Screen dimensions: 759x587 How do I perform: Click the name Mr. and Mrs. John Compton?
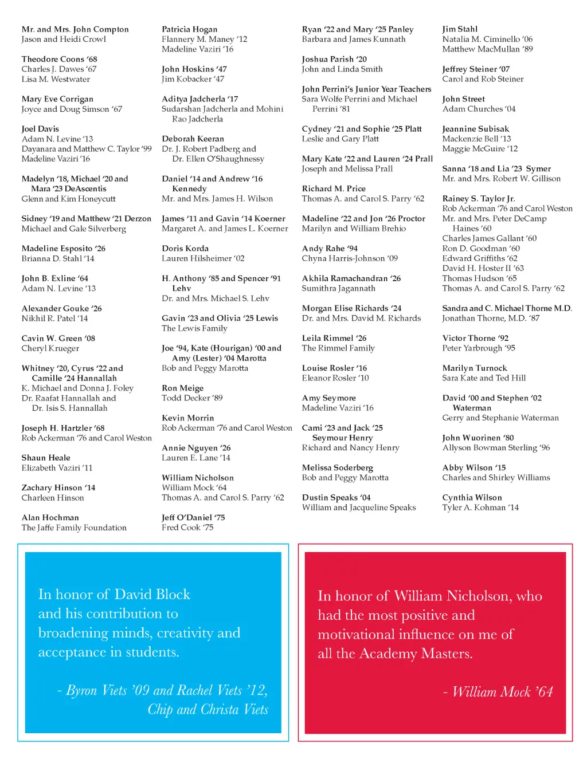tap(75, 29)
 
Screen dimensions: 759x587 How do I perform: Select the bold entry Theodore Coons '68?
tap(59, 59)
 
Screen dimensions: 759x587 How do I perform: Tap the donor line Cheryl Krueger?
tap(50, 348)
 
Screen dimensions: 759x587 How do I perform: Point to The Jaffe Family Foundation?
tap(74, 528)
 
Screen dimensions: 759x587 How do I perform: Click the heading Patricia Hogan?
tap(189, 29)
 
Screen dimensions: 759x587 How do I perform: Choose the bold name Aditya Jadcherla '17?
tap(199, 99)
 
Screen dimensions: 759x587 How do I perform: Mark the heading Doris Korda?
tap(185, 249)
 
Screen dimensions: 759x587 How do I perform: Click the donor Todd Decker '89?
tap(192, 398)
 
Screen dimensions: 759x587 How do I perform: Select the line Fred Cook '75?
tap(187, 527)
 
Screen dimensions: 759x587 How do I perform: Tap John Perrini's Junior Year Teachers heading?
tap(366, 89)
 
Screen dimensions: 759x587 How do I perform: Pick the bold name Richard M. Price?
tap(334, 188)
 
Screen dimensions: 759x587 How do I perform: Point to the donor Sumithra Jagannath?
tap(338, 288)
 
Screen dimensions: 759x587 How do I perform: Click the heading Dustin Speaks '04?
tap(336, 497)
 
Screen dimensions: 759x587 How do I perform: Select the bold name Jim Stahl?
tap(460, 29)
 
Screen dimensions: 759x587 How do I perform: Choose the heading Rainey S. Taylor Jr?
tap(478, 198)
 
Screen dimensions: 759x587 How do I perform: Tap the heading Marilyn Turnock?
tap(475, 368)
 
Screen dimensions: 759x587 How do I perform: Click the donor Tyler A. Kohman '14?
tap(480, 507)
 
